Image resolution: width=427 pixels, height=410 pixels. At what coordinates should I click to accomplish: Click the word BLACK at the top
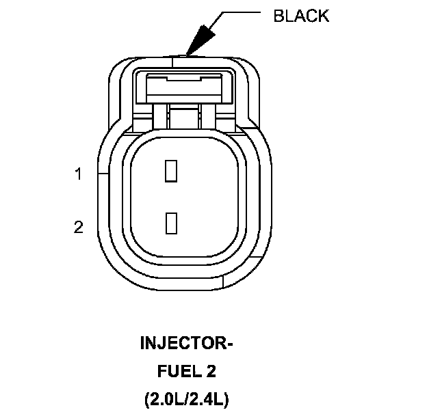300,16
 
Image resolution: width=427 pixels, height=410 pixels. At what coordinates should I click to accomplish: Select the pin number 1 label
79,174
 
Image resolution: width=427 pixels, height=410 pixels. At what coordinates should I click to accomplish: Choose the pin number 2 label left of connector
79,227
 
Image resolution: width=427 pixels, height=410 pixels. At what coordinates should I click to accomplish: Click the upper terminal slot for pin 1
171,170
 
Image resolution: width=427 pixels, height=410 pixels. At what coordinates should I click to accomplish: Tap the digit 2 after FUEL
210,372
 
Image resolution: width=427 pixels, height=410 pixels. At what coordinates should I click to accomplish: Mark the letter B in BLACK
279,16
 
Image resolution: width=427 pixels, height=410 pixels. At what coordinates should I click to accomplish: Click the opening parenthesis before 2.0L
147,399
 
